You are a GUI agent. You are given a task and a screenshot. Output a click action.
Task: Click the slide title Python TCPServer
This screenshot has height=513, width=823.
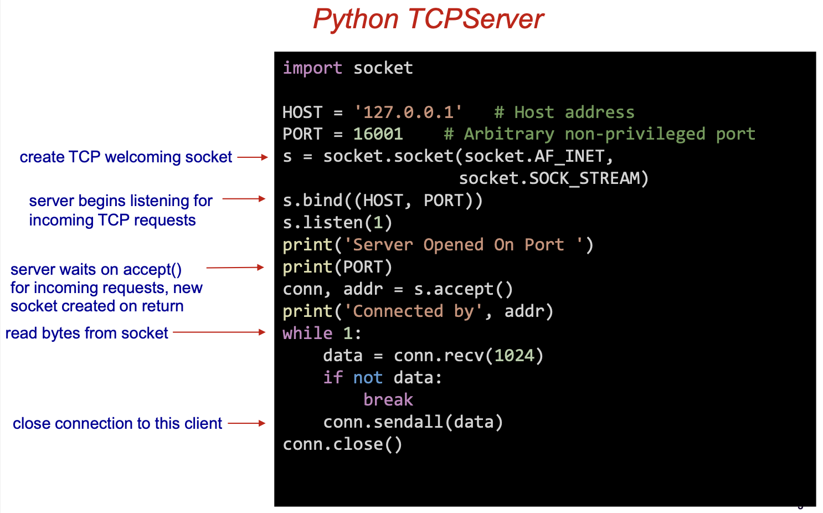point(428,19)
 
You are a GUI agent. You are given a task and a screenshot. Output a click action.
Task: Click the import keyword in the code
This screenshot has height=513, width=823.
point(312,68)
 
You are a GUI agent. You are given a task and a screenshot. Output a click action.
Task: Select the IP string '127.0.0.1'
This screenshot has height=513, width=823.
point(408,112)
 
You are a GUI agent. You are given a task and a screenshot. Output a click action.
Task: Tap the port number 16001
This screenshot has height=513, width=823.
point(378,134)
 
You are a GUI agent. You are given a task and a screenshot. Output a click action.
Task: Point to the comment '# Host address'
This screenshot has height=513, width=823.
point(564,112)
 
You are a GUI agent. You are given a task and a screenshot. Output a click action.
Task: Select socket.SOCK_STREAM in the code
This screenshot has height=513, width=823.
point(553,178)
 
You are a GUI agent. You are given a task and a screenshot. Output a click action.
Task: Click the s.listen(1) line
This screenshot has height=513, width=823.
point(337,223)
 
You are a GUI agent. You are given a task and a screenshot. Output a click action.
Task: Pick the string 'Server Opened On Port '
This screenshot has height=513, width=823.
point(464,245)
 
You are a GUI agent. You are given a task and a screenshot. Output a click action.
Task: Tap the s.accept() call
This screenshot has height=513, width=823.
point(463,289)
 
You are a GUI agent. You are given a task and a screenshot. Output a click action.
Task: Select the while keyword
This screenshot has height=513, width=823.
point(307,334)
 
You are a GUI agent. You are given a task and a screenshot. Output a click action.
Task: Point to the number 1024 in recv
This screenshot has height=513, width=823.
point(514,356)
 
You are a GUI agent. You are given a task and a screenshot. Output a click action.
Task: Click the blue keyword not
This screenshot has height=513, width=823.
point(368,378)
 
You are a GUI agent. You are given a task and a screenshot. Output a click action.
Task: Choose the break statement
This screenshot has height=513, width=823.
point(388,400)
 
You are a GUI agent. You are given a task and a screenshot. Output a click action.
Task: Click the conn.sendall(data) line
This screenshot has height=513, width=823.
point(413,422)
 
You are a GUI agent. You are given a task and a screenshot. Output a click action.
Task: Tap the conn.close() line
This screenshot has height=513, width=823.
point(342,444)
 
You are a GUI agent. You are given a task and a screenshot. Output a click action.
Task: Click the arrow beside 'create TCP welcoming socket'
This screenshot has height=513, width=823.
point(253,157)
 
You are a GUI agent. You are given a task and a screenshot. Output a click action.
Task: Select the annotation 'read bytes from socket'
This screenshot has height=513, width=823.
point(86,333)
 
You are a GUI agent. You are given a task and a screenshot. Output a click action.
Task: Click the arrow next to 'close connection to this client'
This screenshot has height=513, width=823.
point(246,423)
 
